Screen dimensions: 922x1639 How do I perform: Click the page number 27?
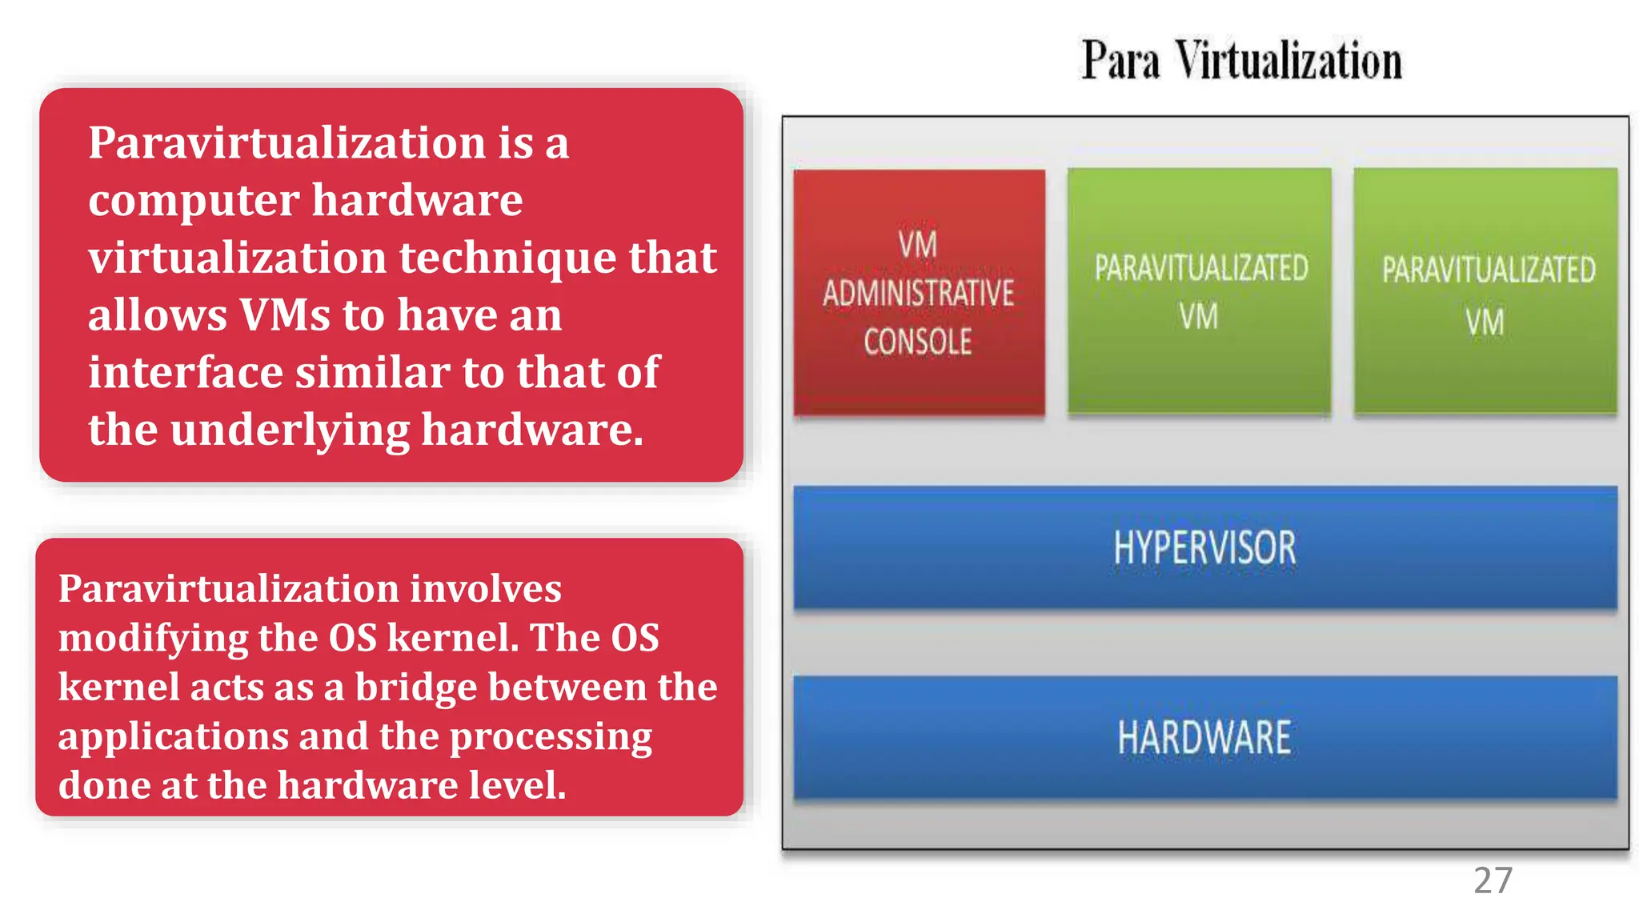pyautogui.click(x=1493, y=881)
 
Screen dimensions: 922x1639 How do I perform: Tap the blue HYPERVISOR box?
pyautogui.click(x=1204, y=548)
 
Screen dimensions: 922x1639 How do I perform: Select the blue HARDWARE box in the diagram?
pyautogui.click(x=1204, y=737)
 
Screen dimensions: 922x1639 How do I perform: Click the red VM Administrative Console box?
pyautogui.click(x=919, y=293)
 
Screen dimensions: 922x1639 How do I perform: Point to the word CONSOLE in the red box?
pyautogui.click(x=918, y=343)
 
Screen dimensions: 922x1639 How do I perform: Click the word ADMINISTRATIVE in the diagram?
pyautogui.click(x=919, y=294)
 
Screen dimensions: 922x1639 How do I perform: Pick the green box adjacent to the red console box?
pyautogui.click(x=1200, y=292)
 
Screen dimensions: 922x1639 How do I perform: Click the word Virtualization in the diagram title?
pyautogui.click(x=1288, y=61)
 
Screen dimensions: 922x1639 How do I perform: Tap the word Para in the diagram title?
pyautogui.click(x=1120, y=61)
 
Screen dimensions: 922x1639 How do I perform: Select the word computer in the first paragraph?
pyautogui.click(x=194, y=200)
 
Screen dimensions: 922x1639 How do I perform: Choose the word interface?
pyautogui.click(x=185, y=372)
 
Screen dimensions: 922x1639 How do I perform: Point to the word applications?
pyautogui.click(x=173, y=737)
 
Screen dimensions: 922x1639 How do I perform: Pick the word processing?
pyautogui.click(x=551, y=737)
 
